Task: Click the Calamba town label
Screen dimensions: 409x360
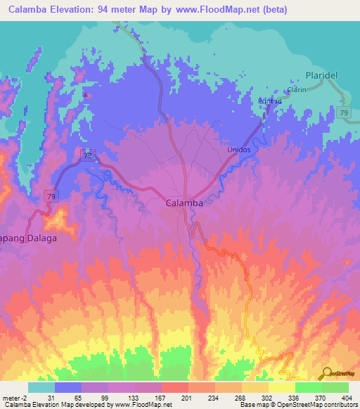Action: (185, 202)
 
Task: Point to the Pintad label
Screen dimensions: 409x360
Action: (270, 101)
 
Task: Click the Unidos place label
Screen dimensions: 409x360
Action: (238, 150)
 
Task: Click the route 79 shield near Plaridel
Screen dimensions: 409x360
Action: (344, 112)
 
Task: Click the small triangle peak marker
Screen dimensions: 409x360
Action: (86, 95)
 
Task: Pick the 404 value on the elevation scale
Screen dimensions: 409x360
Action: (347, 398)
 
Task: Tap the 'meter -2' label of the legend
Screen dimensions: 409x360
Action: (15, 398)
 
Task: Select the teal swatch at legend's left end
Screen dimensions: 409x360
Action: (41, 387)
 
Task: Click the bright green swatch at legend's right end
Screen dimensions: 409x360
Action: (335, 387)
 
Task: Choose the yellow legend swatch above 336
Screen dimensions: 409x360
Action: (281, 387)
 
